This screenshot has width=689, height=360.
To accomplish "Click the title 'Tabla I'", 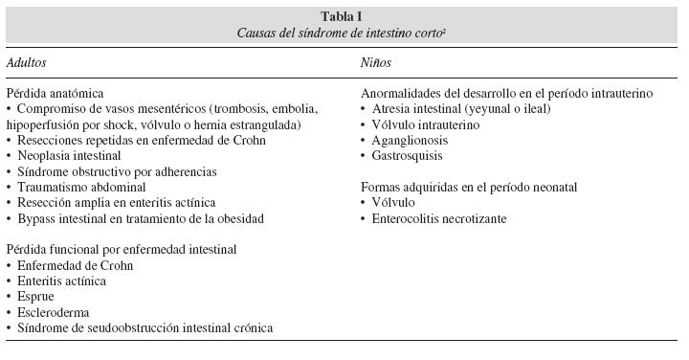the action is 344,15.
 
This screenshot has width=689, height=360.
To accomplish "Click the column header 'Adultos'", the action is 26,62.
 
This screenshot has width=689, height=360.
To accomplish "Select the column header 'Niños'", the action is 376,62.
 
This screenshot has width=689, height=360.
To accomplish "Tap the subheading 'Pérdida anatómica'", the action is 54,94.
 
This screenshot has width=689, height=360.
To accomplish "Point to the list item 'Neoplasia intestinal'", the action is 69,156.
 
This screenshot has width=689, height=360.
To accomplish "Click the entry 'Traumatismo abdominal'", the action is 76,188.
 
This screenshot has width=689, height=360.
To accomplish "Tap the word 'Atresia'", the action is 390,109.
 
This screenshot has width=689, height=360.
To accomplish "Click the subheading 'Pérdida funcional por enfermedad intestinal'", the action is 121,250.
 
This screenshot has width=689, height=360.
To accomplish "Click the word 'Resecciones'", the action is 48,141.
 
